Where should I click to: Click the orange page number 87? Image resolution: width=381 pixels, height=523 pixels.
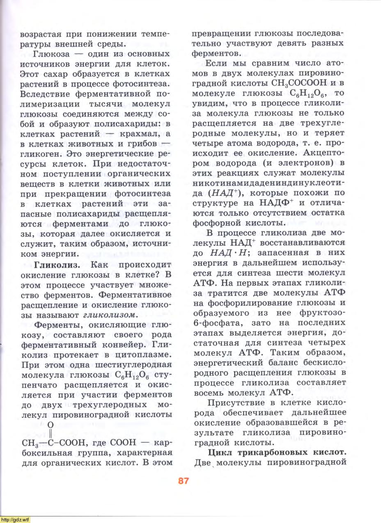click(183, 481)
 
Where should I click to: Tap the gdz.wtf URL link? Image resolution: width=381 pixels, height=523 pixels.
click(15, 520)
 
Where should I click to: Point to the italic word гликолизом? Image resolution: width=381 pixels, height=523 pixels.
click(110, 315)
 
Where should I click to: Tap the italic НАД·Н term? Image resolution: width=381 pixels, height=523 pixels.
click(227, 253)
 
